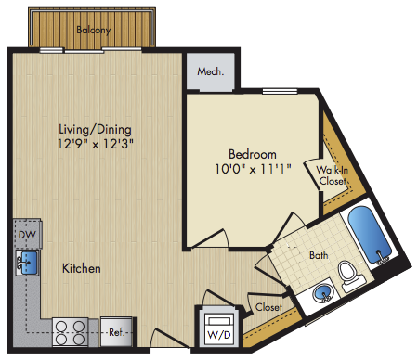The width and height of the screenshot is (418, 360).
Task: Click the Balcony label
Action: pyautogui.click(x=93, y=30)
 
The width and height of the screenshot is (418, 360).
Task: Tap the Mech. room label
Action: pyautogui.click(x=211, y=71)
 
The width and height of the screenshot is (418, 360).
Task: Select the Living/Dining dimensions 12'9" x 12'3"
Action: pyautogui.click(x=96, y=144)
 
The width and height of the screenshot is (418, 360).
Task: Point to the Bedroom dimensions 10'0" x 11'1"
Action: pyautogui.click(x=253, y=169)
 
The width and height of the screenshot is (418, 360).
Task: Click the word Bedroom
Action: pyautogui.click(x=253, y=154)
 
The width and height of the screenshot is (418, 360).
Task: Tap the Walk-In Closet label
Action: pyautogui.click(x=333, y=175)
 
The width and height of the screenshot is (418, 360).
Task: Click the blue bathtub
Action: pyautogui.click(x=369, y=234)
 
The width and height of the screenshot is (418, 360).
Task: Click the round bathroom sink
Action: pyautogui.click(x=322, y=293)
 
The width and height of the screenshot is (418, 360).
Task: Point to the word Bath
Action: pyautogui.click(x=319, y=255)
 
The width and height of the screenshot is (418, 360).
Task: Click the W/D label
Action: pyautogui.click(x=219, y=335)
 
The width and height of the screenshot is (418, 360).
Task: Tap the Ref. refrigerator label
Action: pyautogui.click(x=117, y=332)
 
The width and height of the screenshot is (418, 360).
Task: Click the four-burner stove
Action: pyautogui.click(x=71, y=332)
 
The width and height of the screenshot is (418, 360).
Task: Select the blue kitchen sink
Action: pyautogui.click(x=30, y=263)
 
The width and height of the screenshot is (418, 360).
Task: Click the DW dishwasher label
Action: pyautogui.click(x=27, y=235)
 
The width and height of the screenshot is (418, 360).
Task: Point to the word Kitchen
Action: pyautogui.click(x=82, y=268)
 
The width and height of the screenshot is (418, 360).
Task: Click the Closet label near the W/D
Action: pyautogui.click(x=268, y=307)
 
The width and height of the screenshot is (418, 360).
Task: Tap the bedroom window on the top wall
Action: pyautogui.click(x=280, y=91)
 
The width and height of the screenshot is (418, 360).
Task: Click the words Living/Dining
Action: pyautogui.click(x=95, y=130)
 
